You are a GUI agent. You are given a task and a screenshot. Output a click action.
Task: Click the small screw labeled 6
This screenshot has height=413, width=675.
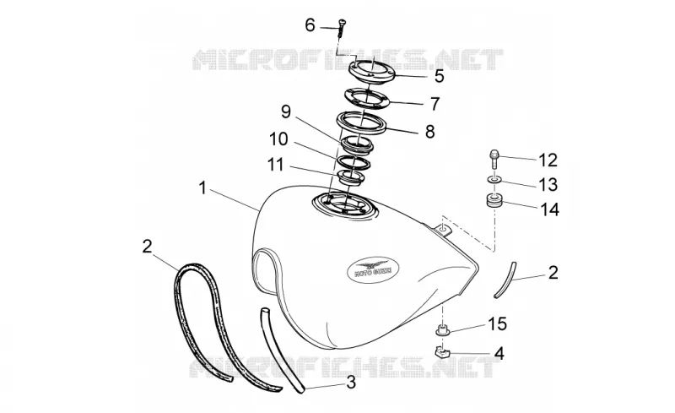[x=343, y=28]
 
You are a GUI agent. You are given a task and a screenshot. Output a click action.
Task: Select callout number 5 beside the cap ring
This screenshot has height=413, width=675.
[x=439, y=76]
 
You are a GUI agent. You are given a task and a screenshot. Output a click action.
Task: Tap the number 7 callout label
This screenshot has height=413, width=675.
[x=435, y=104]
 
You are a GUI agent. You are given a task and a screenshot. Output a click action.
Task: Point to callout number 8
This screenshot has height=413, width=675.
[x=429, y=132]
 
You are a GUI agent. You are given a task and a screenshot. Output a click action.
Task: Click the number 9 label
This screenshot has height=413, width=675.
[x=286, y=112]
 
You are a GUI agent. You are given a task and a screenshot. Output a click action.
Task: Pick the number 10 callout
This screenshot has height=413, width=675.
[x=278, y=139]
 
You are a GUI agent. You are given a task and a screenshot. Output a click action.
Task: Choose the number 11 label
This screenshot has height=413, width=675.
[x=276, y=164]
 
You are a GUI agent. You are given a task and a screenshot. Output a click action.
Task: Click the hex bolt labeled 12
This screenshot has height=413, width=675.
[x=494, y=159]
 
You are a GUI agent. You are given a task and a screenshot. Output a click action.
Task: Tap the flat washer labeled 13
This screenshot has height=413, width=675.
[x=494, y=179]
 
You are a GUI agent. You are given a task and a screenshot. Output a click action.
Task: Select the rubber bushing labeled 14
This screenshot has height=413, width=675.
[x=494, y=202]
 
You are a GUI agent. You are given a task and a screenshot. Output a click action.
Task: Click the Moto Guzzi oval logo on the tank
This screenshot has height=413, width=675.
[x=373, y=269]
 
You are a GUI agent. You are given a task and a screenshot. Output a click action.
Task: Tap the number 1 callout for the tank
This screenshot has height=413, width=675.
[x=202, y=188]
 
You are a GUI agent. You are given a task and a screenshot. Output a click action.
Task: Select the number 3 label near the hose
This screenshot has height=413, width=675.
[x=351, y=382]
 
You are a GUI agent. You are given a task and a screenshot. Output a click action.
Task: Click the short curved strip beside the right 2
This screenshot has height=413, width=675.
[x=505, y=280]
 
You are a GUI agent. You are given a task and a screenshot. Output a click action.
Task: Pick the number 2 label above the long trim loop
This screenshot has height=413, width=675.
[x=147, y=247]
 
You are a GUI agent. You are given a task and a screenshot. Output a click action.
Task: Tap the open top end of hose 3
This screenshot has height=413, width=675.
[x=264, y=311]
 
